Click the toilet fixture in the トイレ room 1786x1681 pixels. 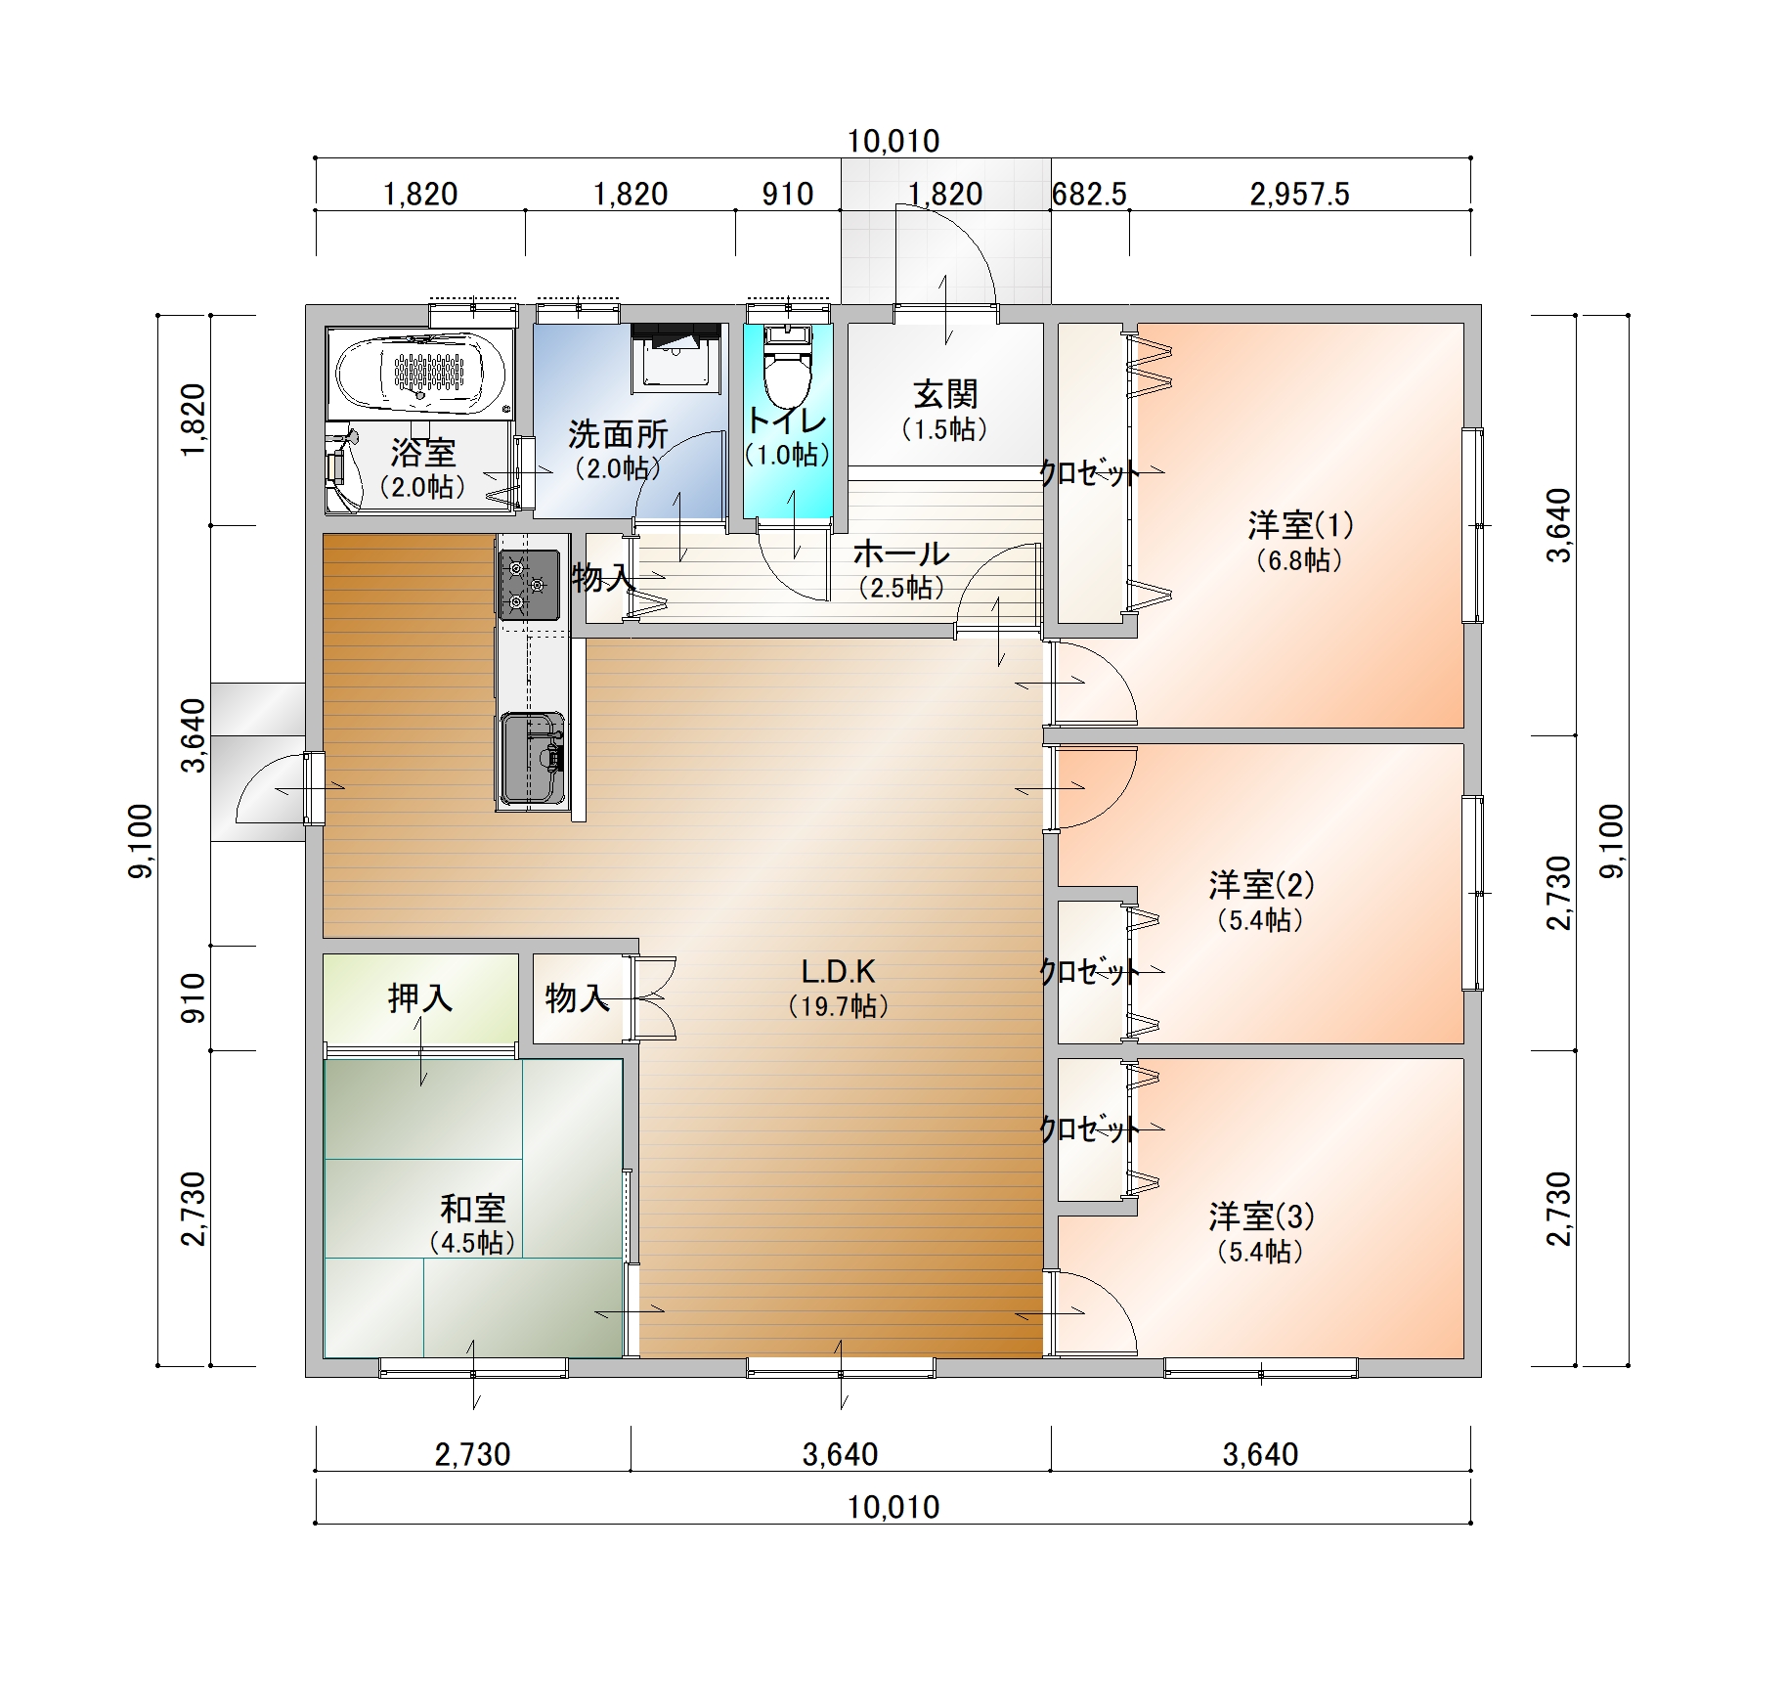click(788, 366)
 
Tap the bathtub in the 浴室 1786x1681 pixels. click(420, 373)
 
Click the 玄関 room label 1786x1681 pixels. click(945, 394)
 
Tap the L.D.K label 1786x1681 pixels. click(838, 971)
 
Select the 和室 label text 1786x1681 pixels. click(472, 1209)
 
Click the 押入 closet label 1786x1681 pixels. click(420, 997)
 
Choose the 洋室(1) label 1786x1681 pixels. click(1300, 525)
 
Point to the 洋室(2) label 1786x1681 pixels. click(1261, 885)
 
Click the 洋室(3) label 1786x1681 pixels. click(1261, 1217)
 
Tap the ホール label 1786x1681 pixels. click(901, 553)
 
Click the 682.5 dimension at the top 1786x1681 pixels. click(1089, 195)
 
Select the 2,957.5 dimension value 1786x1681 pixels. click(1299, 195)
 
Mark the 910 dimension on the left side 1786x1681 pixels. click(195, 998)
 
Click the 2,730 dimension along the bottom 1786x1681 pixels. click(472, 1455)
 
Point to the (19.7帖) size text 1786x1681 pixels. click(838, 1006)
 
